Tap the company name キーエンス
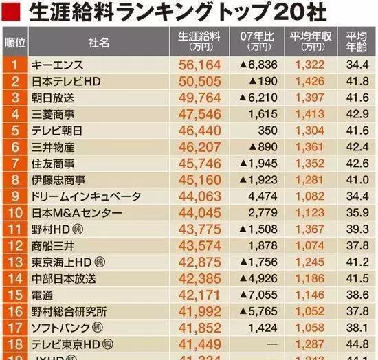click(x=58, y=65)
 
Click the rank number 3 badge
click(x=14, y=98)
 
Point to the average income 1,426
click(x=309, y=82)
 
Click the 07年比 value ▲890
click(x=263, y=147)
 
